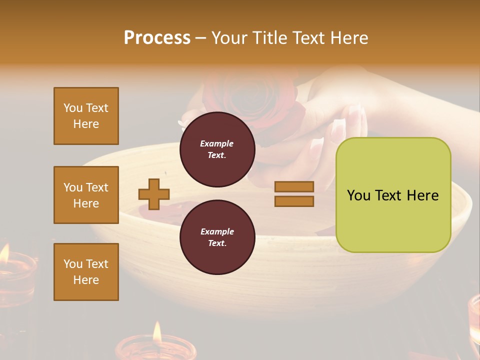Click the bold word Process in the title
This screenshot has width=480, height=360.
tap(157, 38)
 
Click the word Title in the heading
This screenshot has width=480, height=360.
tap(268, 38)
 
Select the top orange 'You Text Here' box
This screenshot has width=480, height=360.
tap(86, 116)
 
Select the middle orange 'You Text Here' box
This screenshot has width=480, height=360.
tap(86, 195)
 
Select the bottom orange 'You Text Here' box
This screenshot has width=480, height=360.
tap(86, 272)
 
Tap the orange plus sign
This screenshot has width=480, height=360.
tap(154, 194)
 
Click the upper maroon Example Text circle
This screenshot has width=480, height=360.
tap(217, 149)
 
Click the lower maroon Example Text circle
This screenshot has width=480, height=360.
tap(217, 237)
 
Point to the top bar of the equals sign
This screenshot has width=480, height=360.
tap(294, 186)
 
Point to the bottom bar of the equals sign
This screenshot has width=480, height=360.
tap(294, 201)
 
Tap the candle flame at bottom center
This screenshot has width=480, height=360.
tap(157, 331)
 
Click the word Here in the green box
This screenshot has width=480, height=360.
tap(422, 195)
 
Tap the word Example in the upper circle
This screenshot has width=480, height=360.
tap(217, 143)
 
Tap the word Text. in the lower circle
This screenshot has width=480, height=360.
tap(217, 243)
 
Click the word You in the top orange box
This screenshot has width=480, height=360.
tap(73, 108)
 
